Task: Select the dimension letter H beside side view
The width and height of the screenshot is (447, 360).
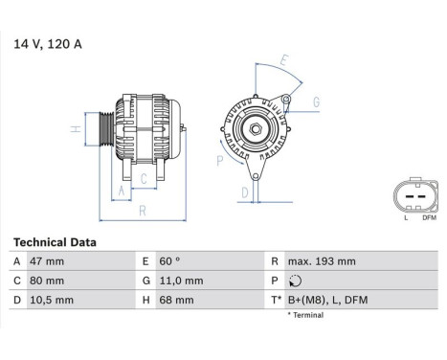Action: [x=75, y=129]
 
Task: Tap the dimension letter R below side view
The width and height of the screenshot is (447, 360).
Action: [x=143, y=210]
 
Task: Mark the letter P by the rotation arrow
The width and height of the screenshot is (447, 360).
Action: [x=219, y=162]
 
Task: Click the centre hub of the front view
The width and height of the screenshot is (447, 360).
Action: [x=256, y=128]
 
